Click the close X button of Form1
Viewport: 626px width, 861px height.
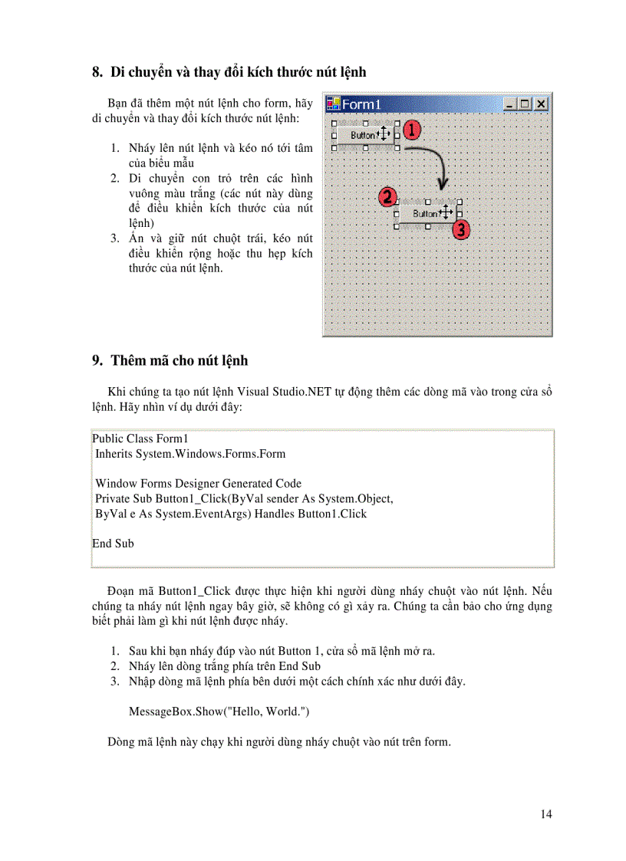coord(541,104)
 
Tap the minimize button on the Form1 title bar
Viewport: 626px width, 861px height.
coord(510,104)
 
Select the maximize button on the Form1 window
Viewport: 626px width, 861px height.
coord(526,104)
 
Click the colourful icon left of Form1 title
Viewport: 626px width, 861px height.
coord(333,104)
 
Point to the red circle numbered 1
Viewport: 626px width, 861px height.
coord(412,130)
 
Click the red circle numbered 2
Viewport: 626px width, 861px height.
coord(388,197)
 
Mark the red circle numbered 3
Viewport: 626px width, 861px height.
coord(460,228)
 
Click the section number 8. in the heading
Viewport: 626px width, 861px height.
coord(97,73)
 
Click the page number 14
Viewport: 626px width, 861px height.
coord(545,814)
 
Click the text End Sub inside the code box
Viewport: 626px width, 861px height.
coord(113,544)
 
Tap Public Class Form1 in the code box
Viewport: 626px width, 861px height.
coord(140,439)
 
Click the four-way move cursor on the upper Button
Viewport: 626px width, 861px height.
coord(385,135)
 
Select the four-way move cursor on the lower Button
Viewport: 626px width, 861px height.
coord(447,214)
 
